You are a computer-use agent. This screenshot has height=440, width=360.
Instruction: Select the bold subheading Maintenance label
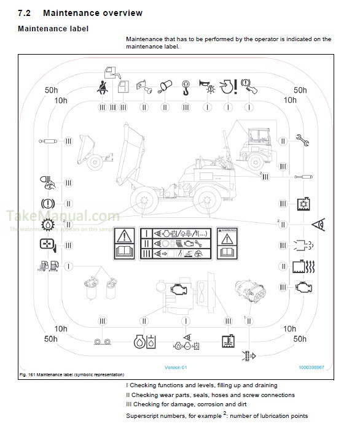[53, 28]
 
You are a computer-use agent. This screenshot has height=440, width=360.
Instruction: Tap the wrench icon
[302, 139]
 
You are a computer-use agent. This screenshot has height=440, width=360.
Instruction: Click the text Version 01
[175, 368]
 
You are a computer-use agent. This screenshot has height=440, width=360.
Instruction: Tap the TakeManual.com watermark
[62, 217]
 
